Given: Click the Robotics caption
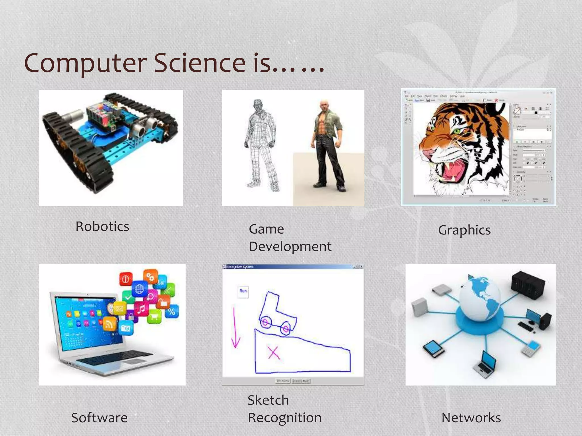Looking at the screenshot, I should (102, 227).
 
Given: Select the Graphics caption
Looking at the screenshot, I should (464, 230).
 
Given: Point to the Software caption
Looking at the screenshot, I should (99, 418).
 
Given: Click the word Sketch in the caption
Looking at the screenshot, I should (268, 400).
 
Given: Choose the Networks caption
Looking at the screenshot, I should (471, 418).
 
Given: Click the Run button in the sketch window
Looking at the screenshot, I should (243, 291).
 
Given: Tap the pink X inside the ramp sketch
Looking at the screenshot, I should (273, 353).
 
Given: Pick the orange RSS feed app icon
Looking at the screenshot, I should (109, 324).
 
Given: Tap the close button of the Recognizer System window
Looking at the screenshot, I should (361, 267).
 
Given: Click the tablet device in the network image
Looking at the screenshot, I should (433, 349).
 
